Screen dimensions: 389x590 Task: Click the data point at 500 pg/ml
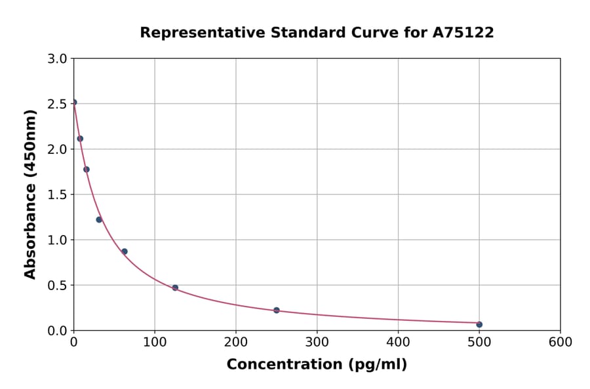[x=479, y=324]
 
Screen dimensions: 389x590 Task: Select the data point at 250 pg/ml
[x=277, y=310]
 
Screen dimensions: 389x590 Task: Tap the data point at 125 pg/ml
[x=175, y=288]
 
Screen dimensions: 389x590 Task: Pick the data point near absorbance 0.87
[x=125, y=251]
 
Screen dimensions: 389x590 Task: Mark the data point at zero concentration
[x=74, y=102]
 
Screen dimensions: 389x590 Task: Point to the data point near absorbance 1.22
[x=99, y=219]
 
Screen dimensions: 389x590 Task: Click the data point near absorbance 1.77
[x=87, y=170]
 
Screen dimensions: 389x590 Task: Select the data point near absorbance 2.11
[x=80, y=139]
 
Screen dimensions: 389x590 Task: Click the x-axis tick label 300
[x=317, y=342]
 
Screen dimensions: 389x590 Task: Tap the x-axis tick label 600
[x=560, y=342]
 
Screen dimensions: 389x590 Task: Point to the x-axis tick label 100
[x=155, y=342]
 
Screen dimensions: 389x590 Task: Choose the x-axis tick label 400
[x=398, y=342]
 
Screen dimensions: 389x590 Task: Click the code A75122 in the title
[x=463, y=32]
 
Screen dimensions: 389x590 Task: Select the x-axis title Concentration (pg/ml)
[x=317, y=365]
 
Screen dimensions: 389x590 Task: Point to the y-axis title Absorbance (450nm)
[x=30, y=194]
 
